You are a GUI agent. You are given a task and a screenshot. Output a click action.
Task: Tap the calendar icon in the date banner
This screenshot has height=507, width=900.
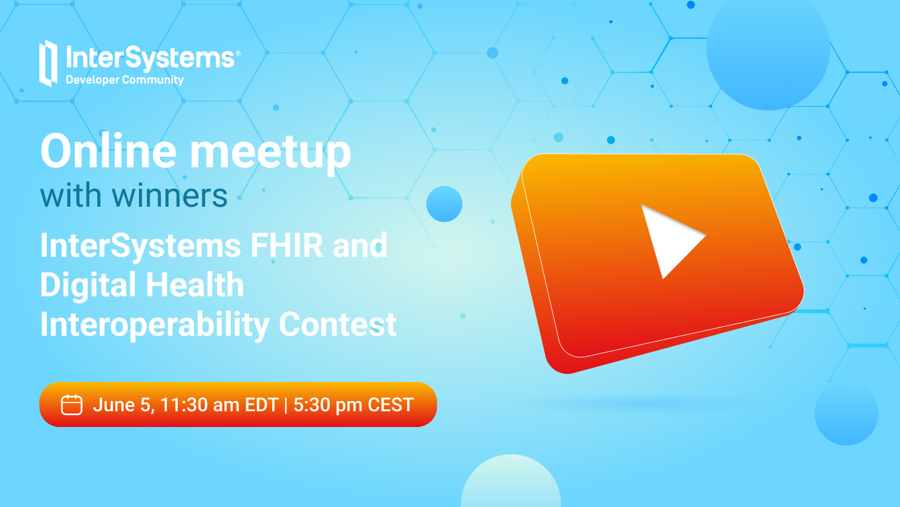coord(71,404)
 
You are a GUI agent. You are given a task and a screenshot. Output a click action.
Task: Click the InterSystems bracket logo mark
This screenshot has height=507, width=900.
coord(48,63)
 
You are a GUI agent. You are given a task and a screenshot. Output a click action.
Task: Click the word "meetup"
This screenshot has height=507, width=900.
coord(271,155)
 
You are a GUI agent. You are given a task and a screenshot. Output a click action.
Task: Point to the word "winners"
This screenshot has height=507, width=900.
coord(169,196)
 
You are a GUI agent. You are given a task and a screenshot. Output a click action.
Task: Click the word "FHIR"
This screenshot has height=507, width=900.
coord(286,245)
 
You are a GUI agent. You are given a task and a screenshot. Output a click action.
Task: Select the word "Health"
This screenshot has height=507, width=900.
coord(195,284)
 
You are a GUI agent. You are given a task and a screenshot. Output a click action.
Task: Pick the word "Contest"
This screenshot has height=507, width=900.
coord(337,324)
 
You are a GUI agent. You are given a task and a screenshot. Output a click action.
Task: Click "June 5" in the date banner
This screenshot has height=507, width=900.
coord(123,405)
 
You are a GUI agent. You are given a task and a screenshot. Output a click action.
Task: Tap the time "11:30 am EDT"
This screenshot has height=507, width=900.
coord(219,405)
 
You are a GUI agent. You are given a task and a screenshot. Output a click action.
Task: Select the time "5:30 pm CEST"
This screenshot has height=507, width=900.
coord(354,405)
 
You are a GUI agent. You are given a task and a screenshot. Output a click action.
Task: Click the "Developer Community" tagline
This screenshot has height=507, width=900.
coord(124,80)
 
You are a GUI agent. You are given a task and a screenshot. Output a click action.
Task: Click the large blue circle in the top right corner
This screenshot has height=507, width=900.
coord(768,49)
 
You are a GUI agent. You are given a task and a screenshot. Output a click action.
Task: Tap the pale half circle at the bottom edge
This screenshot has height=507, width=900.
coord(511,481)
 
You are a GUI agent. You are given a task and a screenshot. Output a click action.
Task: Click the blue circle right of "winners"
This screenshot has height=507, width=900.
coord(444,204)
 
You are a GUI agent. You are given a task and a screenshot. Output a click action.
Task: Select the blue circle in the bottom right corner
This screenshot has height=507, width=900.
coord(846,413)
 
